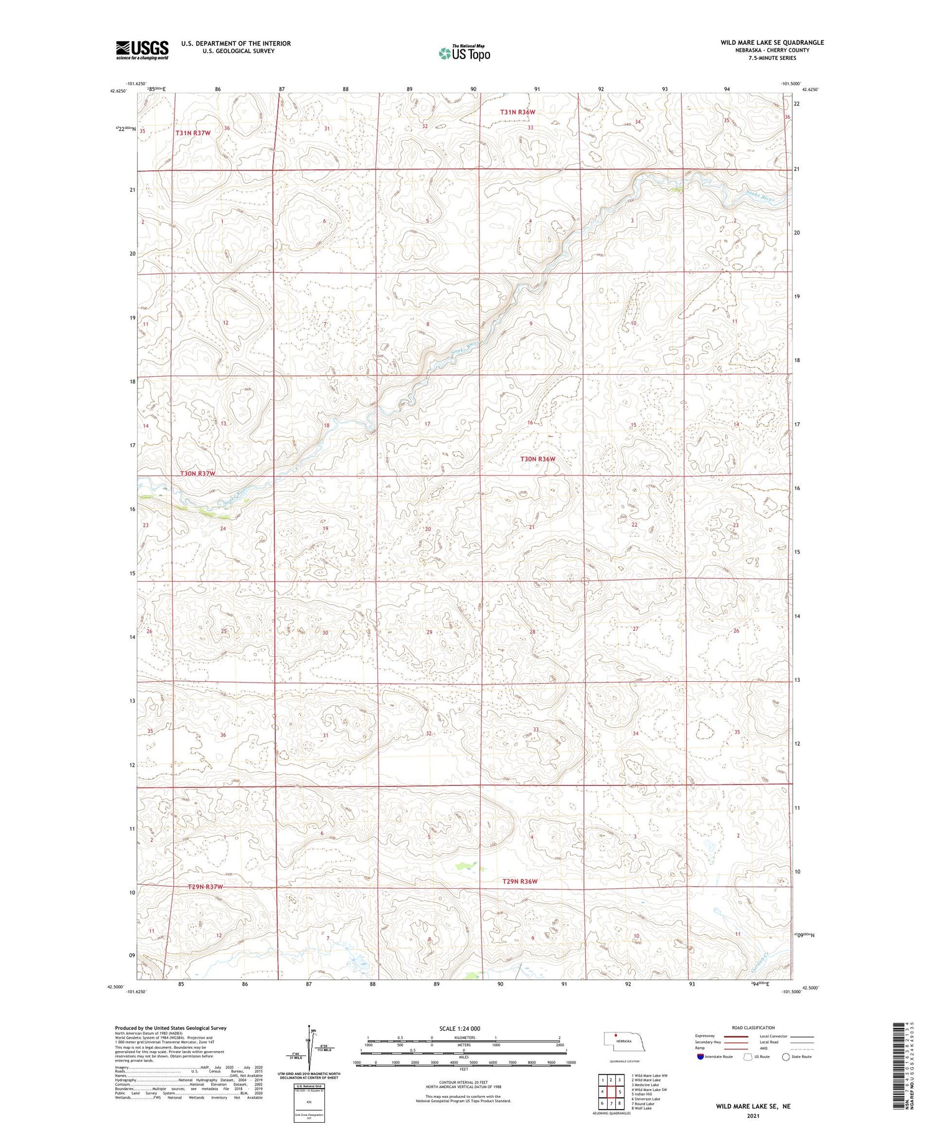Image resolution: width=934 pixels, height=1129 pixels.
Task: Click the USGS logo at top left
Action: click(142, 50)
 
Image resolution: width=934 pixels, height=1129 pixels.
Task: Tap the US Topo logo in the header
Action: click(464, 54)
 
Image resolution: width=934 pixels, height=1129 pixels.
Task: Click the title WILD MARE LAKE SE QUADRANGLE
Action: click(772, 42)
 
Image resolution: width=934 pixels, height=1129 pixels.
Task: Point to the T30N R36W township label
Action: click(537, 459)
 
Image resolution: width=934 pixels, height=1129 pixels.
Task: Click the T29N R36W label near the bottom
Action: click(519, 881)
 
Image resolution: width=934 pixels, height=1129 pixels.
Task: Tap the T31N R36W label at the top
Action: click(517, 112)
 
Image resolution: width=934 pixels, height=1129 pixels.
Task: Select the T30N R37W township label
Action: click(198, 473)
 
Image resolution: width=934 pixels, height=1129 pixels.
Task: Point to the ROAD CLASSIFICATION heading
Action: click(753, 1027)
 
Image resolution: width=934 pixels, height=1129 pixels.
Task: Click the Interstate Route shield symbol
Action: click(700, 1057)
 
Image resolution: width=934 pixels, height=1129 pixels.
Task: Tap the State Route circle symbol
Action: click(786, 1057)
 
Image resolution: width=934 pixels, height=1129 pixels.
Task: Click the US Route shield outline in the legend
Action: click(748, 1057)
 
